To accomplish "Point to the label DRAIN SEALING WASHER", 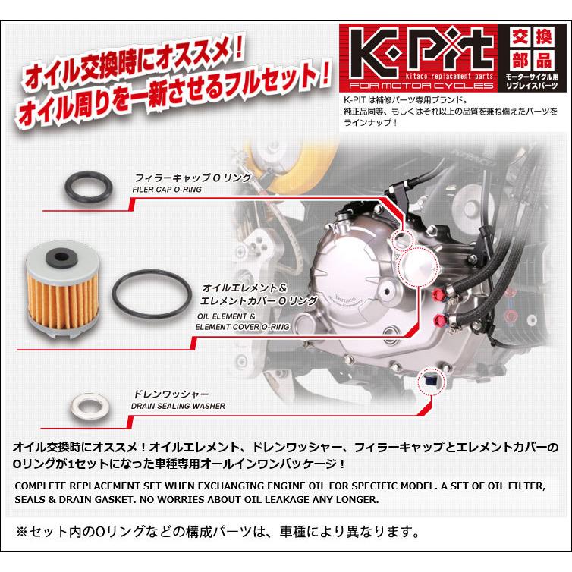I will pos(179,406).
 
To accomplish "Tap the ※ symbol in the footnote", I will pos(22,530).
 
